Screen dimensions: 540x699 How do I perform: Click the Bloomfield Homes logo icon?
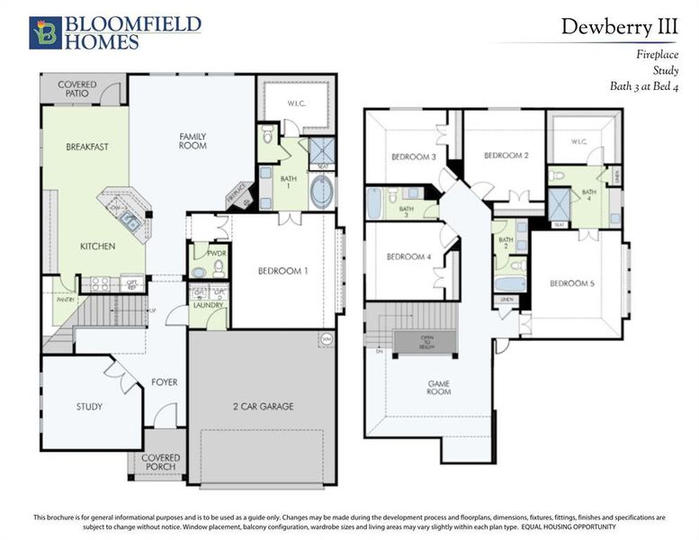click(x=44, y=33)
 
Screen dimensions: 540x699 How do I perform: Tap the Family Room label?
click(x=193, y=140)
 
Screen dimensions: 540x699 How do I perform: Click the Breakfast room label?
click(x=86, y=147)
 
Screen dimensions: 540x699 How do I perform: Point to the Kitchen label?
click(x=98, y=246)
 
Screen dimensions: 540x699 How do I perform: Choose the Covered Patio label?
click(x=77, y=89)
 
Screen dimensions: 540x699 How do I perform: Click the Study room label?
click(x=88, y=407)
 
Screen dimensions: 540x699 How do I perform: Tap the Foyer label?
click(x=164, y=382)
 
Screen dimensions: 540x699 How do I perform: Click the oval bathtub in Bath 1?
click(x=320, y=190)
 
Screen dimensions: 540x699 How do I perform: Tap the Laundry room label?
click(x=208, y=306)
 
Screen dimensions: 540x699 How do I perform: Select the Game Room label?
click(x=438, y=389)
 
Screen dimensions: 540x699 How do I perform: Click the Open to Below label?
click(x=426, y=341)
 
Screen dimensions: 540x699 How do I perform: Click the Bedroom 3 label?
click(x=413, y=157)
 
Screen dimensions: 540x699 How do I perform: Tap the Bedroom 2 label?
click(x=506, y=156)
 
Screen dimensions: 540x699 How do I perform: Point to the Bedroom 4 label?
click(x=408, y=257)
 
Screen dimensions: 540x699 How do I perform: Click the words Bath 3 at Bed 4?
click(x=640, y=86)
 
